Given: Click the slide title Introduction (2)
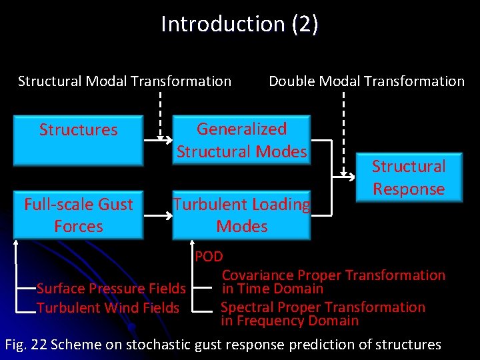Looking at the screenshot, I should pos(239,24).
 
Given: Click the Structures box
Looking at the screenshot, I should pos(79,139).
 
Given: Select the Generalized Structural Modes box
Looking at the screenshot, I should pos(242,140).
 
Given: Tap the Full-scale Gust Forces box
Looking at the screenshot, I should pos(79,215).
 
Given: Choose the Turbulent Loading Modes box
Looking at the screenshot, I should pos(242,215).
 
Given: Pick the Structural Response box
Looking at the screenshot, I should pos(408,177).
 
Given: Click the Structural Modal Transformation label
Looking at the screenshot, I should pos(125,81).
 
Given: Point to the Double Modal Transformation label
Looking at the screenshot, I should pos(366,81).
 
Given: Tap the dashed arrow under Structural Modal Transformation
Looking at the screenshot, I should pos(160,113).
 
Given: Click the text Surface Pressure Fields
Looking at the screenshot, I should pos(111,289).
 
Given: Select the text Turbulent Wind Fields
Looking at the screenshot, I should pos(108,308).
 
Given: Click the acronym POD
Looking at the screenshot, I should pos(209,257).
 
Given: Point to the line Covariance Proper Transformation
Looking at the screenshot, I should pos(333,275).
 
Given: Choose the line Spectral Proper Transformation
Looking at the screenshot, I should pos(323,307).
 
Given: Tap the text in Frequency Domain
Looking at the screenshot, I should pos(290,321).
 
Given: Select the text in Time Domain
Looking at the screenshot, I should pos(273,289).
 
